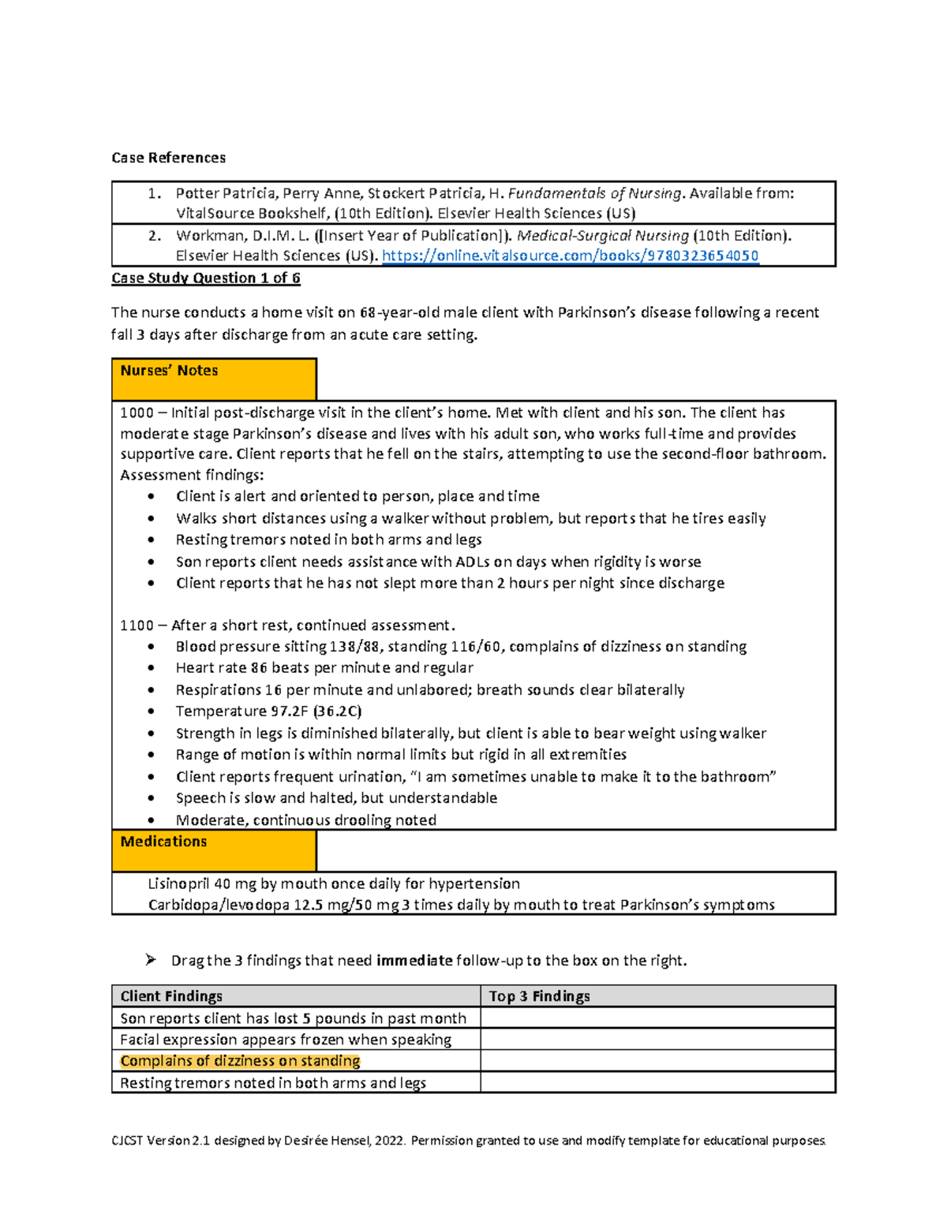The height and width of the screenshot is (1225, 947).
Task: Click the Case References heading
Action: (168, 158)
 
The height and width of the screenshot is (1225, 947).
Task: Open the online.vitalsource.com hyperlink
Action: (570, 256)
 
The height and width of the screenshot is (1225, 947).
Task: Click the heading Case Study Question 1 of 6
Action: (205, 278)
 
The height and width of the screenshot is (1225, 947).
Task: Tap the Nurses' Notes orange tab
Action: (213, 379)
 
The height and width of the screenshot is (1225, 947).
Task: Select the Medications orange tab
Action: (213, 850)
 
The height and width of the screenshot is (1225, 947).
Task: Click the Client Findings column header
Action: (171, 996)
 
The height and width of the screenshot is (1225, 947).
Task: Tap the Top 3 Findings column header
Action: (539, 996)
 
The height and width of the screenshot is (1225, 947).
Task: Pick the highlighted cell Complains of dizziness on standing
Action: (240, 1061)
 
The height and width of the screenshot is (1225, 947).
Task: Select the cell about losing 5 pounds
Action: (293, 1018)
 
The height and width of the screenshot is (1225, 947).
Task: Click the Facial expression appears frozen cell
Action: (285, 1040)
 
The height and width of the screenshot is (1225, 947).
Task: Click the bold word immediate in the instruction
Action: (414, 961)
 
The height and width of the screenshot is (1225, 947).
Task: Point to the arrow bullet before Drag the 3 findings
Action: (151, 960)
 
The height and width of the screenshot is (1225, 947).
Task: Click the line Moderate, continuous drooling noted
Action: (305, 820)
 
